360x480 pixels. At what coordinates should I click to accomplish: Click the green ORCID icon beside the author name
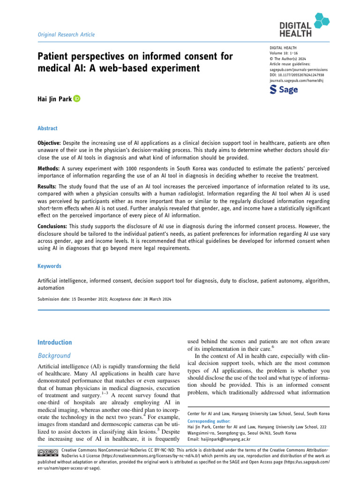(77, 99)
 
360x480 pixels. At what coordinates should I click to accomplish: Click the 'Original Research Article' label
(66, 34)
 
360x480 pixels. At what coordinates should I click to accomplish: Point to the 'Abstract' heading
(48, 127)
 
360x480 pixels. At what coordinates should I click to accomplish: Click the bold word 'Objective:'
(49, 142)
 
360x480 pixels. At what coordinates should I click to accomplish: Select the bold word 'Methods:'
(48, 167)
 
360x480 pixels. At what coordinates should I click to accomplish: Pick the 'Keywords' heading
(49, 266)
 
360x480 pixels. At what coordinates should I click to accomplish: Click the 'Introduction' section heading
(55, 342)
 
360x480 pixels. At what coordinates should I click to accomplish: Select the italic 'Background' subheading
(54, 356)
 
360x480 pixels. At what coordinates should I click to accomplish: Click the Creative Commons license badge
(47, 451)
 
